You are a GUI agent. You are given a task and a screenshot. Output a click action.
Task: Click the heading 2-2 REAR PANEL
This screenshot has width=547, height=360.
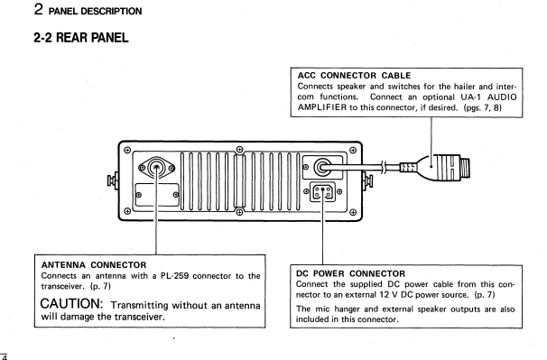pos(81,37)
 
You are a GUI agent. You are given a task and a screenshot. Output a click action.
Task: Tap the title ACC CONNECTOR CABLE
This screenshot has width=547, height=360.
pos(354,76)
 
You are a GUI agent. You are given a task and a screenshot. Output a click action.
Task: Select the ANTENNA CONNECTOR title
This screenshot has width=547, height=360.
pos(94,265)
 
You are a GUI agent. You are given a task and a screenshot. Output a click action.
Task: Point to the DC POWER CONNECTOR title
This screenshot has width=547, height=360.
pos(350,274)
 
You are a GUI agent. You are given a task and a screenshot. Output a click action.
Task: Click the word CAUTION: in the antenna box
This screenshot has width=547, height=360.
pos(71,304)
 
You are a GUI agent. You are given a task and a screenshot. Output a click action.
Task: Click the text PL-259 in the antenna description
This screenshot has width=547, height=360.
pos(174,276)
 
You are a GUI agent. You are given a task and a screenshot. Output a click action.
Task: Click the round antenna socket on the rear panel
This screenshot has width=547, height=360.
pos(157,168)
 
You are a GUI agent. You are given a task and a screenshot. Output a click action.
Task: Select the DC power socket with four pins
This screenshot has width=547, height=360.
pos(322,192)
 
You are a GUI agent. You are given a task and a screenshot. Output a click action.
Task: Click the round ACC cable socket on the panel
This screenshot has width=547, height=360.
pos(322,168)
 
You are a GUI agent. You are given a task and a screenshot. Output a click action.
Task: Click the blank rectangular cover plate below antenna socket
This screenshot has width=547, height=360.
pos(157,195)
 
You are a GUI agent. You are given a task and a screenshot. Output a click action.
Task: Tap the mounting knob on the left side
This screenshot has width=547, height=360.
pos(113,180)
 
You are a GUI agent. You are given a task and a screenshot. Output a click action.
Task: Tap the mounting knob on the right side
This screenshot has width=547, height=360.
pos(367,180)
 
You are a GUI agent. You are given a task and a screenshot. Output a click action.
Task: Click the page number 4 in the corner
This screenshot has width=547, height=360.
pos(5,356)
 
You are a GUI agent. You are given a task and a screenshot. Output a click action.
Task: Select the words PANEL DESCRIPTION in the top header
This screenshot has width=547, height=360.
pos(96,12)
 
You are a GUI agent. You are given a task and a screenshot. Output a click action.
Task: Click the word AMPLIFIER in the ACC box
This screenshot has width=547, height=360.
pos(322,107)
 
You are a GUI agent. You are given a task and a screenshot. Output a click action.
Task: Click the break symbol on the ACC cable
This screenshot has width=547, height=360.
pos(384,168)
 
